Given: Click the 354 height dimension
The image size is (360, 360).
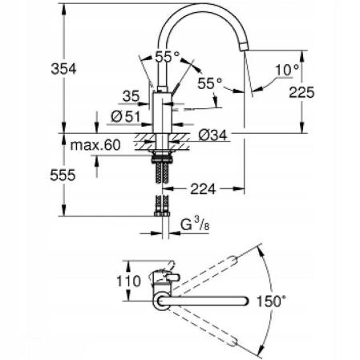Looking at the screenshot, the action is click(63, 69).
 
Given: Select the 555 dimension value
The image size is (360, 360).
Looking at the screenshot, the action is click(63, 176).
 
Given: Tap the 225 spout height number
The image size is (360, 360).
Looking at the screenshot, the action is click(301, 92).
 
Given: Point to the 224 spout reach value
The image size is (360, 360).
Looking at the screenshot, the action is click(203, 189).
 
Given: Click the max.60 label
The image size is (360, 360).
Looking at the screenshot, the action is click(95, 145).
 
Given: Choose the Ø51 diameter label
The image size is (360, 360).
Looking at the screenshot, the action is click(126, 117).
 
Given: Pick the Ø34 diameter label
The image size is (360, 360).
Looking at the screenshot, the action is click(212, 135).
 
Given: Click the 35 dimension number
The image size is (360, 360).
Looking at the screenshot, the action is click(131, 96).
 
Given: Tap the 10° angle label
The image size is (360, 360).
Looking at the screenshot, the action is click(287, 70).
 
